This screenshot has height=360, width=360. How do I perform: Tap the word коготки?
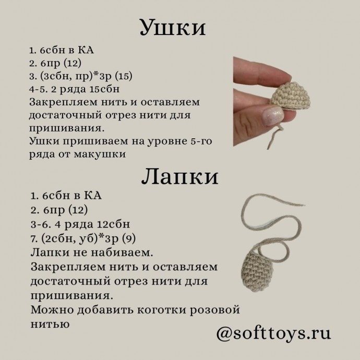150,310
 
